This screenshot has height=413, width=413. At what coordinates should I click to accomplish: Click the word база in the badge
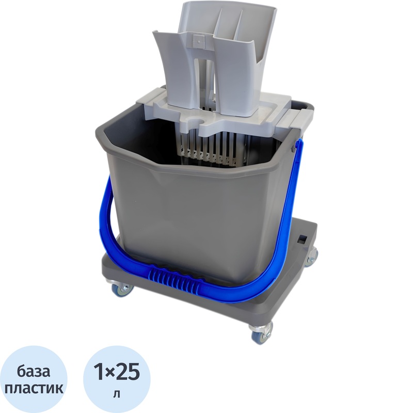[x=34, y=372]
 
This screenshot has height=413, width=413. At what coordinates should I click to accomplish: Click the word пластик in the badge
[x=34, y=389]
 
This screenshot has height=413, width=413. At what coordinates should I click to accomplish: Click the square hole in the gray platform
[x=302, y=238]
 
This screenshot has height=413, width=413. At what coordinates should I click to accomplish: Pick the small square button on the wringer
[x=197, y=39]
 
